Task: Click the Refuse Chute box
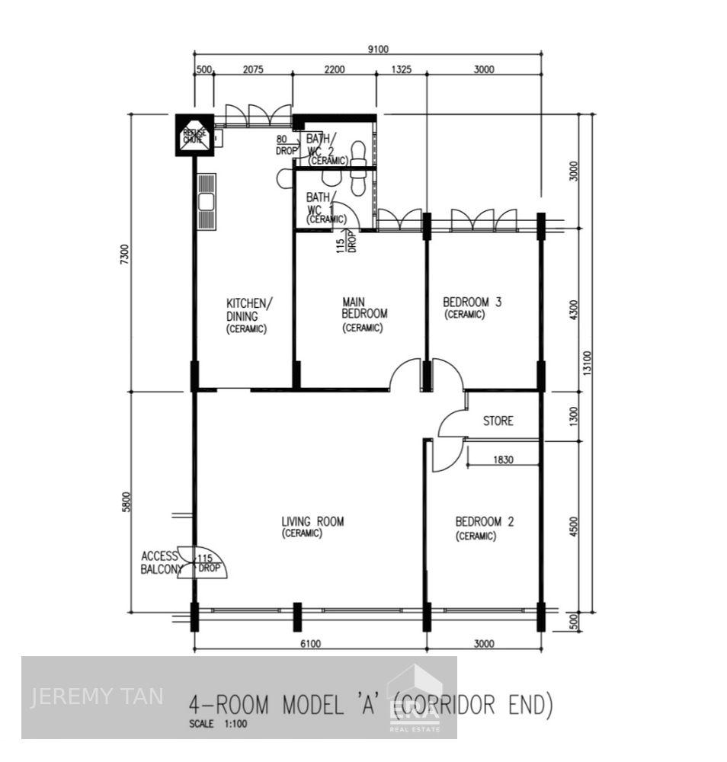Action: point(194,136)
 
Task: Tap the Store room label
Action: point(498,421)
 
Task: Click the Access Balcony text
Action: point(161,562)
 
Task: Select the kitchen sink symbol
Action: point(206,201)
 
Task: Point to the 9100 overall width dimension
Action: point(378,50)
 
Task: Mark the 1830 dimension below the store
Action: point(503,459)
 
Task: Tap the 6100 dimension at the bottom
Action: point(310,644)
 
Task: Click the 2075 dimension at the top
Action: point(253,69)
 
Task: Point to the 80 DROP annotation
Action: point(287,145)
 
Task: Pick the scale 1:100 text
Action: point(218,725)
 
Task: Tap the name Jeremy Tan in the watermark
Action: point(96,696)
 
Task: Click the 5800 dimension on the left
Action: point(127,501)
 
